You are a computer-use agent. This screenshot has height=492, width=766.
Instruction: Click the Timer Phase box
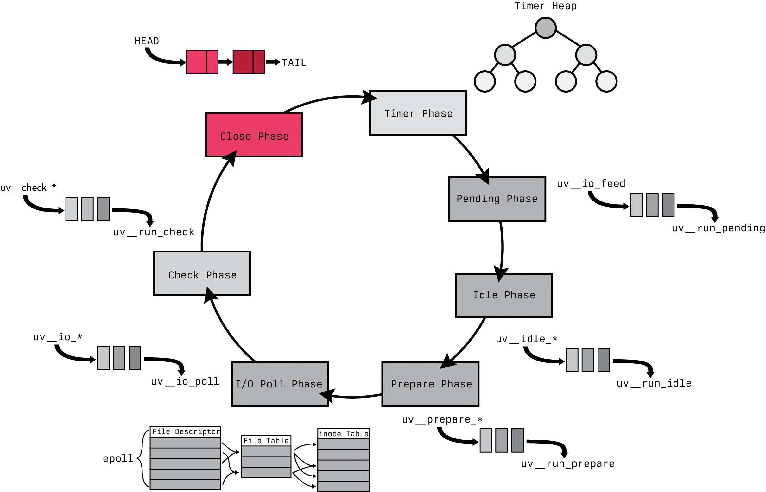tap(418, 113)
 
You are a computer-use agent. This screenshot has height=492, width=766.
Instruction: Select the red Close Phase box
tap(253, 136)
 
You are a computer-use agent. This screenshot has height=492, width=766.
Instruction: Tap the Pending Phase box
tap(497, 199)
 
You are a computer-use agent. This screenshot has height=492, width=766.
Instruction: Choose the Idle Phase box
tap(504, 295)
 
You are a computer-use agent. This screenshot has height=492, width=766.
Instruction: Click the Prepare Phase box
tap(430, 384)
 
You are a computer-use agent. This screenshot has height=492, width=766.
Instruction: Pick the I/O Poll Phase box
tap(280, 384)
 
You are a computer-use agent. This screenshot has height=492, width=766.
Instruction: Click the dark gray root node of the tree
tap(545, 28)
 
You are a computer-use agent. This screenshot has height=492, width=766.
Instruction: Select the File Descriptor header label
tap(186, 431)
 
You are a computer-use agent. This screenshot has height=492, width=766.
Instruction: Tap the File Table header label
tap(266, 441)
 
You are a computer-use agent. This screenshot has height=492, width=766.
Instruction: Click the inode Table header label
tap(344, 433)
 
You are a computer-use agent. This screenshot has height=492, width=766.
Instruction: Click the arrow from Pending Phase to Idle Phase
tap(501, 246)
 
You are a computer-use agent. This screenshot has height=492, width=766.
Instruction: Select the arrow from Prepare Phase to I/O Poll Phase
tap(354, 397)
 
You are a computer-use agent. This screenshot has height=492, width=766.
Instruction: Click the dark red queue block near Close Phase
tap(248, 62)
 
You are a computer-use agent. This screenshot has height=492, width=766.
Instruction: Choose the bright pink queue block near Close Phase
tap(202, 62)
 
